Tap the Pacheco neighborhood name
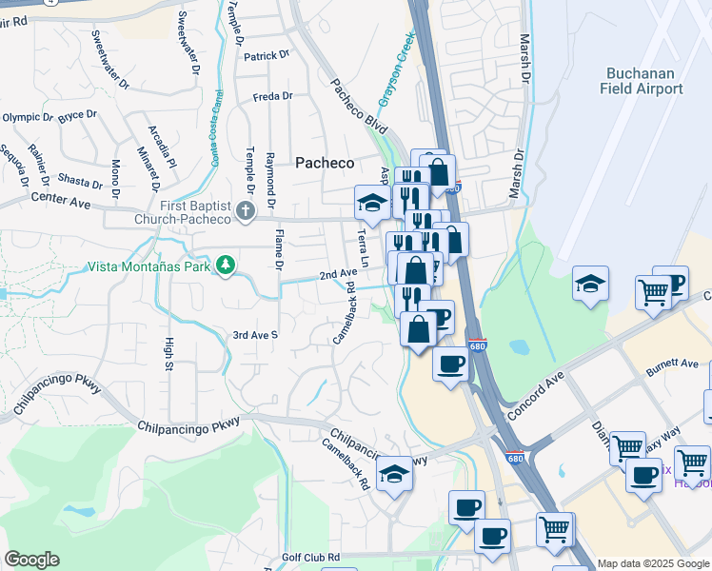(x=324, y=164)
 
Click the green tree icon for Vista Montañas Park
(x=226, y=266)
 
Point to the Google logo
(x=31, y=560)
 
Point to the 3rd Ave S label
(x=255, y=335)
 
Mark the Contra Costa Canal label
(x=218, y=128)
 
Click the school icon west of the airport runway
(x=590, y=284)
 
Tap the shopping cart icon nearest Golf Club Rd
(x=554, y=528)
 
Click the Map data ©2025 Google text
(x=653, y=563)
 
